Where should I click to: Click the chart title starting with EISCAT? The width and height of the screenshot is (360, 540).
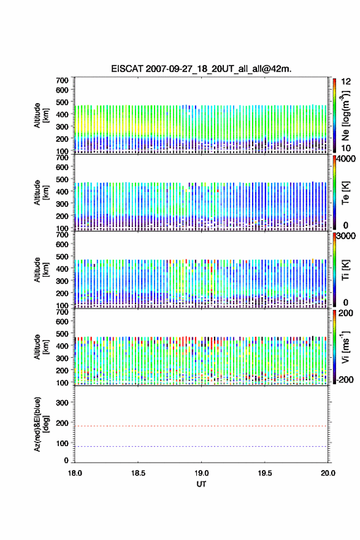click(201, 69)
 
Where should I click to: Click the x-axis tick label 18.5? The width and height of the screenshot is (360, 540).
click(138, 473)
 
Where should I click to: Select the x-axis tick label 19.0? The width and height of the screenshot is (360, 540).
click(201, 473)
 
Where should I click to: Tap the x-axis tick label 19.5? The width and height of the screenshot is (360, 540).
click(265, 473)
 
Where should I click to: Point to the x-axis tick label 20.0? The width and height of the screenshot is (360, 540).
click(328, 473)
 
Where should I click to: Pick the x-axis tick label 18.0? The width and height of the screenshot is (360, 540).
click(75, 473)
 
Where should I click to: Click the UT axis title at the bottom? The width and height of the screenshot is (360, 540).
click(201, 484)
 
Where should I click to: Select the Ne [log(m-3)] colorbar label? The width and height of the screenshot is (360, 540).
click(345, 115)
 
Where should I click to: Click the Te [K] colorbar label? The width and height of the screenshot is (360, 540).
click(345, 193)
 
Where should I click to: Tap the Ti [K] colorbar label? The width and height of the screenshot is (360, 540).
click(345, 270)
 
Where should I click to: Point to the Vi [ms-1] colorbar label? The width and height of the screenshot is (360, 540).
click(345, 347)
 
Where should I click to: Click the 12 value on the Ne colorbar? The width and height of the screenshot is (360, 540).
click(345, 82)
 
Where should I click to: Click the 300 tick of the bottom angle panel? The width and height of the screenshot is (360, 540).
click(63, 403)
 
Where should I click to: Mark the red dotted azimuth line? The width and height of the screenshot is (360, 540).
click(201, 426)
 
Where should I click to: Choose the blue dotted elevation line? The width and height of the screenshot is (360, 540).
click(201, 446)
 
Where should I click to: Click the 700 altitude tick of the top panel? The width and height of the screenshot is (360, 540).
click(63, 80)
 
